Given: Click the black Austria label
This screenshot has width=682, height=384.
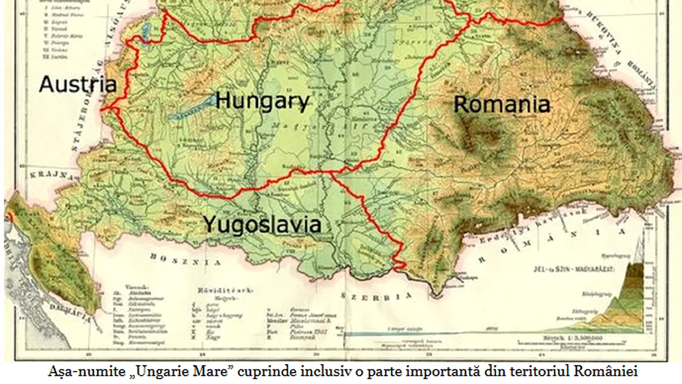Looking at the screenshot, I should point(78,84).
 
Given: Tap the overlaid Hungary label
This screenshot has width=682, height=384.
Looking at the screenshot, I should point(262,101).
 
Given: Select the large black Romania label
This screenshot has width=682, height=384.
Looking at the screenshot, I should point(501,104).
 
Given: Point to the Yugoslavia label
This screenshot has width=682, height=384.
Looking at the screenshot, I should point(262,225).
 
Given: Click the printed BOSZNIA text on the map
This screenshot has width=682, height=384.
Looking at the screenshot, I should point(185,260).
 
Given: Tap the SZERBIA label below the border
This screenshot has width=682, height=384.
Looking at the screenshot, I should point(377,297).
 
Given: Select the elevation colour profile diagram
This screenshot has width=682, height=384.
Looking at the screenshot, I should point(618,299).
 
